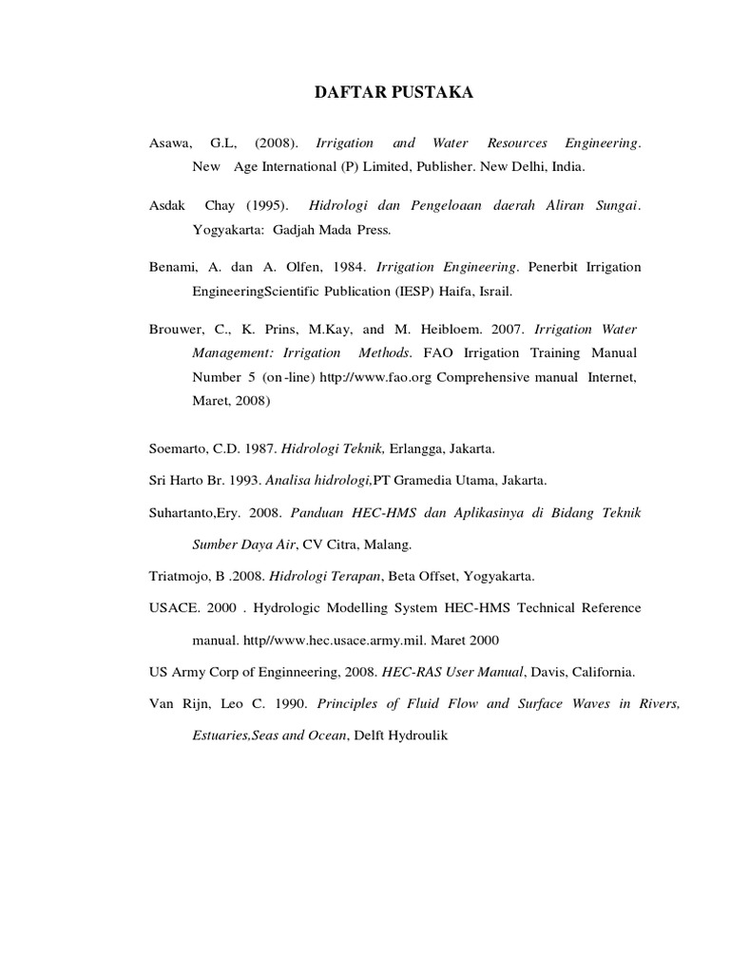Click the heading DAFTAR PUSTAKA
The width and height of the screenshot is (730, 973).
(393, 92)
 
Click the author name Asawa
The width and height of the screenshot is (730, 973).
(170, 143)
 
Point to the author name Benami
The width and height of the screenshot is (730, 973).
(172, 268)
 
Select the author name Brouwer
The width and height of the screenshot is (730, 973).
(175, 330)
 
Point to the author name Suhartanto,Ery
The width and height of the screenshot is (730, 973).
(194, 512)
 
